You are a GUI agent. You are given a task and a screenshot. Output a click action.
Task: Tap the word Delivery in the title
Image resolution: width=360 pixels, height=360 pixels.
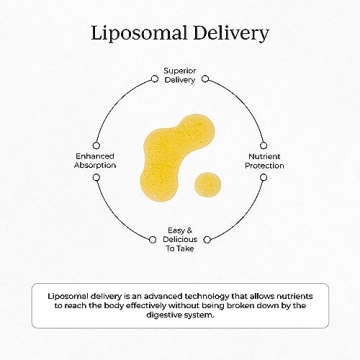coord(230,32)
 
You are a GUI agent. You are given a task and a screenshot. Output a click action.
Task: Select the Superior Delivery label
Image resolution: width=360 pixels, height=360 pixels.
coord(180,75)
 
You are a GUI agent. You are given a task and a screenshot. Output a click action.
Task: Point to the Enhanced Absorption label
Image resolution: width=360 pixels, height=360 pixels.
coord(95,160)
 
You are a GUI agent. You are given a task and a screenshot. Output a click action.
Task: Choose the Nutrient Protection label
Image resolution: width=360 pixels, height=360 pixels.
coord(264,160)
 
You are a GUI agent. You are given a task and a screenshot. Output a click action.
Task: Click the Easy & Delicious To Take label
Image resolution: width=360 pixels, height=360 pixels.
coord(180,239)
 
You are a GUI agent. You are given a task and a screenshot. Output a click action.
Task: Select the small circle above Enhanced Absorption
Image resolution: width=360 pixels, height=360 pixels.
coord(96,145)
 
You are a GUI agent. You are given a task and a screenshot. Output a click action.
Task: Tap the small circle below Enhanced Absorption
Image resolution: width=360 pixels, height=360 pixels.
coord(96,177)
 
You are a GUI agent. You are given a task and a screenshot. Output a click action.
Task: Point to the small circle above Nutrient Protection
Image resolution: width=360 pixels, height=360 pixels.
coord(263,145)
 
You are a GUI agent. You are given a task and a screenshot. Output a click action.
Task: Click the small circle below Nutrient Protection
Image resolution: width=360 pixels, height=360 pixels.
coord(263,177)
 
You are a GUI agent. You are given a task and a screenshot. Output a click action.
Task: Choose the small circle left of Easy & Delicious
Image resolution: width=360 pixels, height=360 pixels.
coord(152,239)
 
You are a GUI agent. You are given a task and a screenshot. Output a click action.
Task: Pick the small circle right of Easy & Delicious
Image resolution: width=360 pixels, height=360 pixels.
coord(207,239)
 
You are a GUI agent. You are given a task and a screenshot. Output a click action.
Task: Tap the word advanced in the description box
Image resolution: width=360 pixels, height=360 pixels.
coord(161,296)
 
